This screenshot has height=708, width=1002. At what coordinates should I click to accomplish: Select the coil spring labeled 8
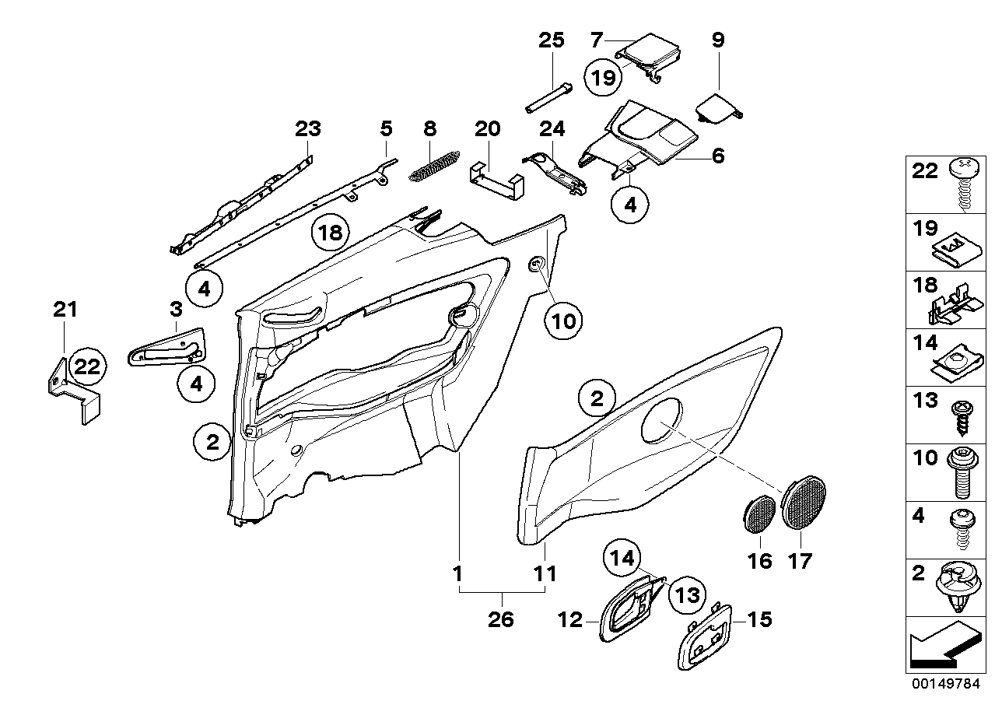pyautogui.click(x=434, y=166)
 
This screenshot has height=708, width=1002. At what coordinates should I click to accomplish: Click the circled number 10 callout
pyautogui.click(x=566, y=319)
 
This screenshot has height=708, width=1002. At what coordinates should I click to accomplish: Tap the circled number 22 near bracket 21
pyautogui.click(x=88, y=367)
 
